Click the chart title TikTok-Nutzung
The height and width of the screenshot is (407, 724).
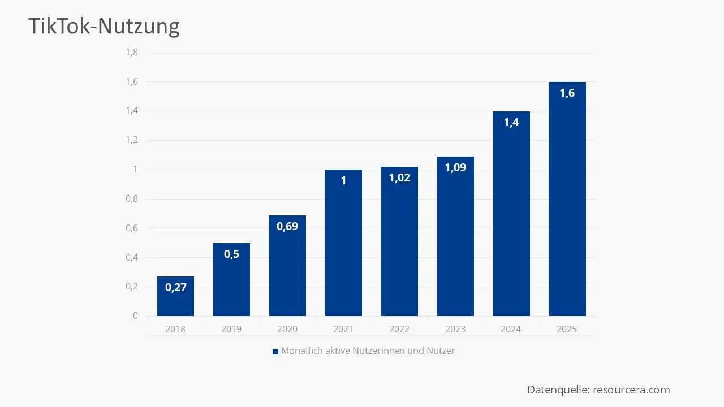click(104, 26)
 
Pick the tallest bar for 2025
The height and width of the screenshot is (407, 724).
click(567, 203)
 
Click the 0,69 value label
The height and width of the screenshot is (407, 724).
click(287, 226)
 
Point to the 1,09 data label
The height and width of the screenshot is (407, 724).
click(455, 167)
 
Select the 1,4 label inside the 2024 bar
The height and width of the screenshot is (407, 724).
click(511, 122)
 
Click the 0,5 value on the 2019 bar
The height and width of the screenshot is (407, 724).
click(231, 254)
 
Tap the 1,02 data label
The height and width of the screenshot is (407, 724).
click(399, 177)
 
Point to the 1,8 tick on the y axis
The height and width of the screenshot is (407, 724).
click(132, 53)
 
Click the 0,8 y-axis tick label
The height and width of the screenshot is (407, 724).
click(132, 199)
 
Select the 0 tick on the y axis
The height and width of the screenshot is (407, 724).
click(135, 315)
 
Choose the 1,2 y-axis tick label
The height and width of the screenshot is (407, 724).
click(132, 140)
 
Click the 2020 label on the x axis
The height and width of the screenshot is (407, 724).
click(287, 329)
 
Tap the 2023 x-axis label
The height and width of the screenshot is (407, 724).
click(455, 329)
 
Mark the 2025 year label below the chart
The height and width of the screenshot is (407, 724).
click(567, 329)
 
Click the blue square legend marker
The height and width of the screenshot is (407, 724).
click(275, 351)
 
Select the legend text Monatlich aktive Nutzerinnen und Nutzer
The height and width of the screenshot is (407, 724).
click(368, 350)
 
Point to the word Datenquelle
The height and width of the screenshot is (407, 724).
click(558, 389)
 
